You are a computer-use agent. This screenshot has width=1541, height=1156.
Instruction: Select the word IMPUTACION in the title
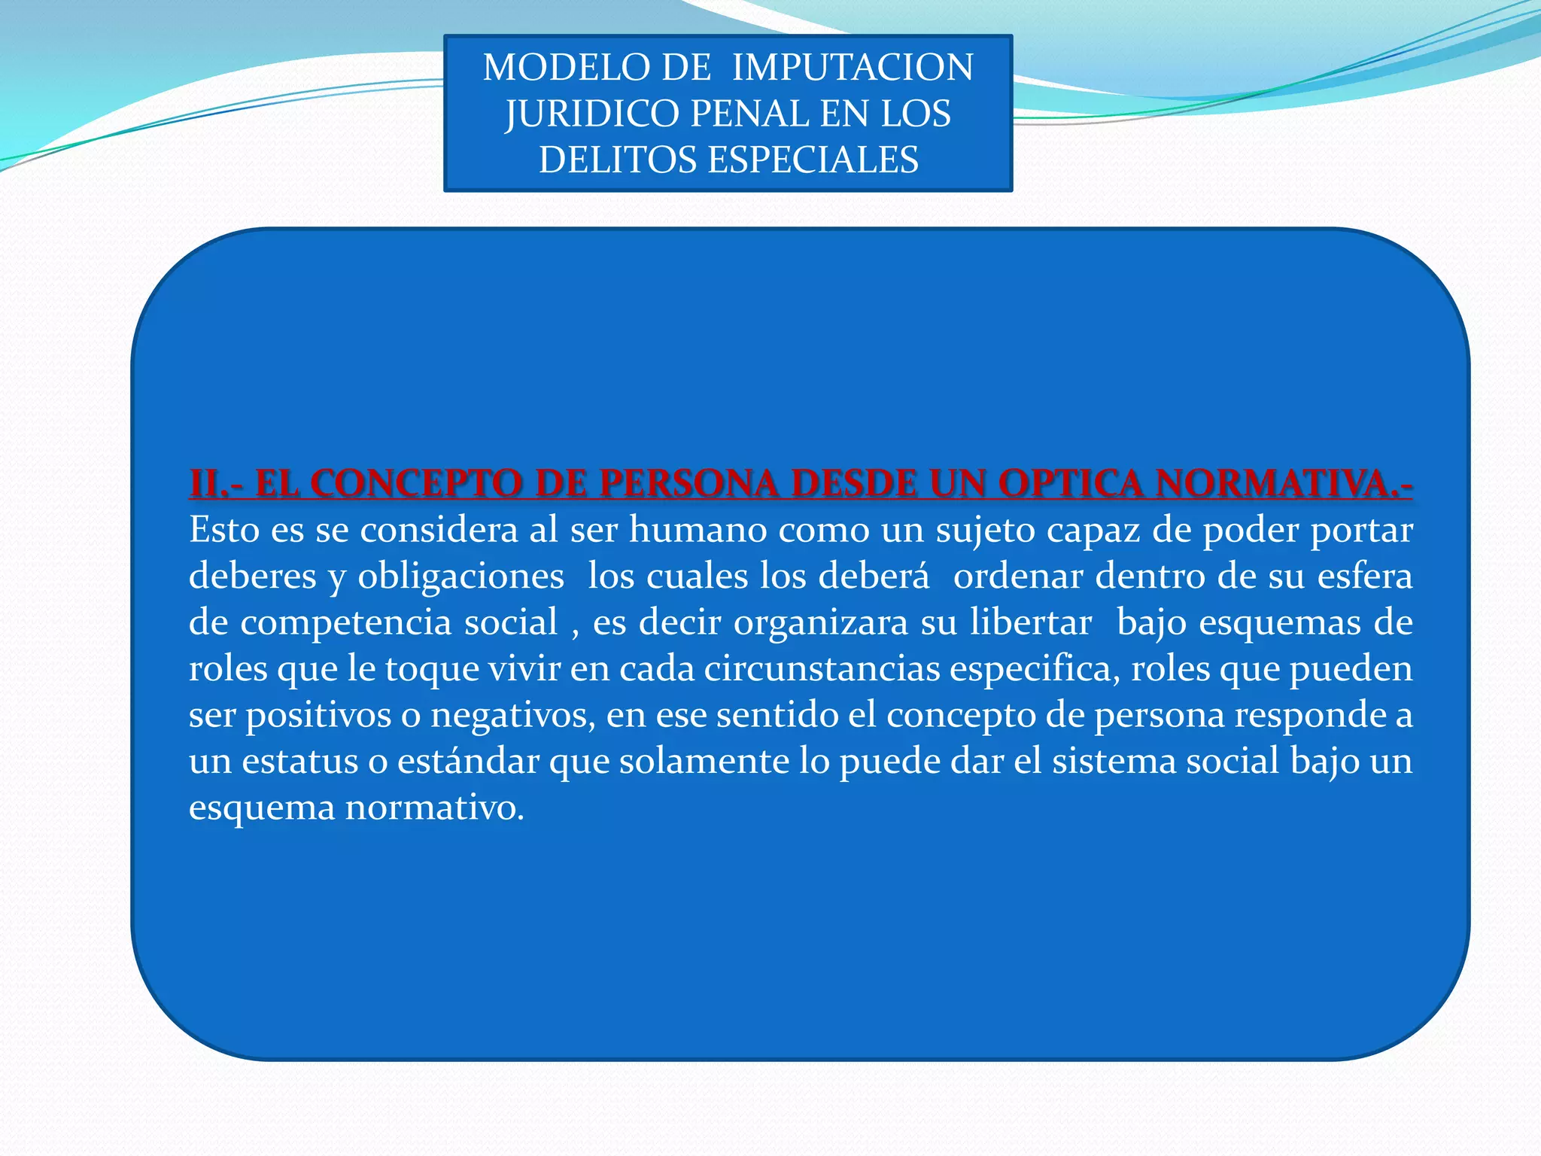853,68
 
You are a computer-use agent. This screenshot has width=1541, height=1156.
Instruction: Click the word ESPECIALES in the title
813,160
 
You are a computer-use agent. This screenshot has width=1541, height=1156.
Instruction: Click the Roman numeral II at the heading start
205,483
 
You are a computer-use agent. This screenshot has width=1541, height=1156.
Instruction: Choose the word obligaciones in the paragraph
460,576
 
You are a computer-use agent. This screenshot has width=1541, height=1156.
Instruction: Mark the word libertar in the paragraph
1030,622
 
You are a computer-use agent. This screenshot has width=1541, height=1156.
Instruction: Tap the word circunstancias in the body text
822,669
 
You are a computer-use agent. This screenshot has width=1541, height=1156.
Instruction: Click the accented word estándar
468,761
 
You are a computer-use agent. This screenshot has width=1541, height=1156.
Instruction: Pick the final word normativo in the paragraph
434,808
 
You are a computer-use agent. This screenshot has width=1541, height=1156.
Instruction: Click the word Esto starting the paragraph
224,530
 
